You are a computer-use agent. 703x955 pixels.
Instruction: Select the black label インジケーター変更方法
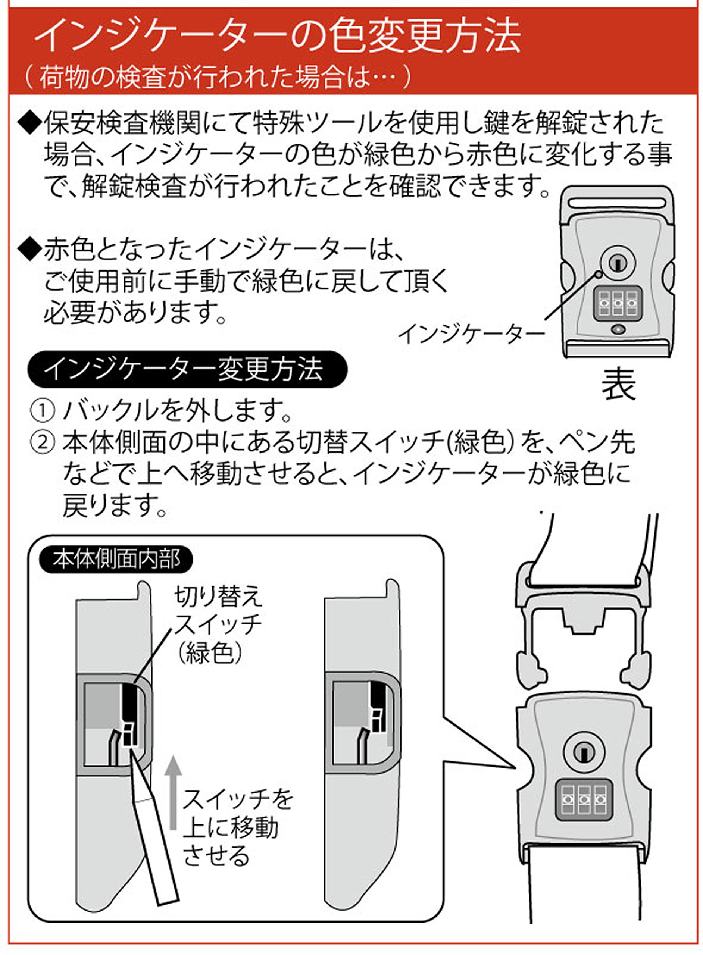point(187,369)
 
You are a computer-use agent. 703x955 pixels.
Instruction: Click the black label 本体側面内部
point(116,559)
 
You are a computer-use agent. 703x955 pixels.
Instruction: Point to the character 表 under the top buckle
point(618,384)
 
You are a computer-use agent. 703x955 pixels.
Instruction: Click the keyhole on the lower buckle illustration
point(584,752)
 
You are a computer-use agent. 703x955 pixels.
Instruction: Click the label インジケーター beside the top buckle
point(471,334)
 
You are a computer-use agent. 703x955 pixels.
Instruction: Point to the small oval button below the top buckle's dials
point(618,329)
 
